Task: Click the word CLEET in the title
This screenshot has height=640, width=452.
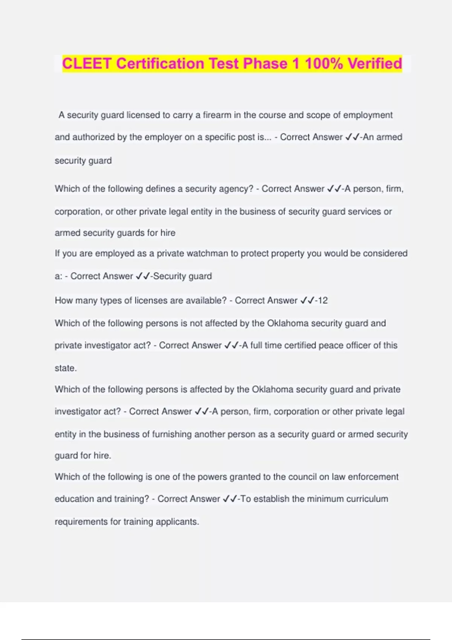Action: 86,63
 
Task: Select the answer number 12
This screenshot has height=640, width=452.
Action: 323,300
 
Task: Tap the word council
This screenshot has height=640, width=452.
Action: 302,477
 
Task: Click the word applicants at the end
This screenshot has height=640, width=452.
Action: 177,522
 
